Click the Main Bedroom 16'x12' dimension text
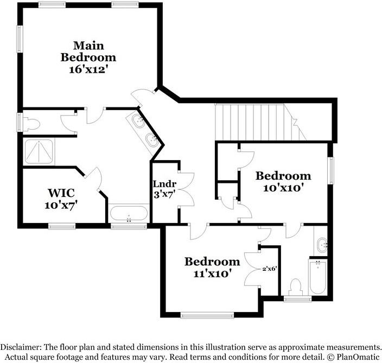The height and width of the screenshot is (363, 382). pyautogui.click(x=88, y=69)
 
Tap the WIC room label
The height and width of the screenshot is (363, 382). pyautogui.click(x=61, y=193)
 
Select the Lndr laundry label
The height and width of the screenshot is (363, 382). pyautogui.click(x=164, y=184)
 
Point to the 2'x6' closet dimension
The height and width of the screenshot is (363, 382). pyautogui.click(x=270, y=269)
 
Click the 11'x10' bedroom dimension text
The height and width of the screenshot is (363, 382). pyautogui.click(x=212, y=273)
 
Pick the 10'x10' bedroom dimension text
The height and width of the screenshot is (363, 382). pyautogui.click(x=284, y=188)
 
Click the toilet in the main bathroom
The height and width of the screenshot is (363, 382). pyautogui.click(x=31, y=124)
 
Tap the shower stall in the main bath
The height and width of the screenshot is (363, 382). pyautogui.click(x=39, y=151)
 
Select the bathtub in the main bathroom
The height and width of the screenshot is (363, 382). pyautogui.click(x=129, y=213)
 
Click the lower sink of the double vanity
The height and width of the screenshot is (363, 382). pyautogui.click(x=152, y=140)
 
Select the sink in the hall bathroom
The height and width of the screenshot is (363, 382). pyautogui.click(x=322, y=245)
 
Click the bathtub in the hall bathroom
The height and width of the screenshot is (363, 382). pyautogui.click(x=318, y=277)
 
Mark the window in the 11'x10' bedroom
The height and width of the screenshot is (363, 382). pyautogui.click(x=207, y=315)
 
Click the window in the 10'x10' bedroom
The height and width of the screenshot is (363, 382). pyautogui.click(x=331, y=171)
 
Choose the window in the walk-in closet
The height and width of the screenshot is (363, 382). pyautogui.click(x=62, y=226)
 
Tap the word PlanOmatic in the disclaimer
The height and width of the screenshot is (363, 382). pyautogui.click(x=358, y=357)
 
